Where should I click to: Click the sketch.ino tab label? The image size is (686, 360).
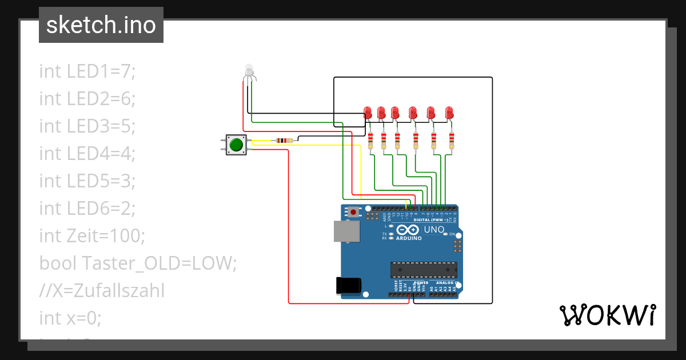pyautogui.click(x=101, y=25)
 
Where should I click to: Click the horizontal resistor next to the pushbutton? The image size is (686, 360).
pyautogui.click(x=284, y=140)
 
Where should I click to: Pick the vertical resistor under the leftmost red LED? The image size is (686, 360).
pyautogui.click(x=370, y=140)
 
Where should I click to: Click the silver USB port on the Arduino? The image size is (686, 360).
pyautogui.click(x=347, y=231)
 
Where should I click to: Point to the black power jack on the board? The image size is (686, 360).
pyautogui.click(x=350, y=285)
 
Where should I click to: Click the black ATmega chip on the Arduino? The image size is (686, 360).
pyautogui.click(x=424, y=269)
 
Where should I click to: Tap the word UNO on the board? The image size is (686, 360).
pyautogui.click(x=434, y=230)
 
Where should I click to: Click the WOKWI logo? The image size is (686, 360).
pyautogui.click(x=607, y=315)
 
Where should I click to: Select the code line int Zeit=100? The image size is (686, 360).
pyautogui.click(x=92, y=235)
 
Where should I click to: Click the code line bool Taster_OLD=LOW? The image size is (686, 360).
pyautogui.click(x=137, y=263)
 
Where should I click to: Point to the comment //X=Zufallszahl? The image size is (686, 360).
pyautogui.click(x=102, y=291)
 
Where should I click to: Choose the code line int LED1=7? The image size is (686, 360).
pyautogui.click(x=87, y=71)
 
